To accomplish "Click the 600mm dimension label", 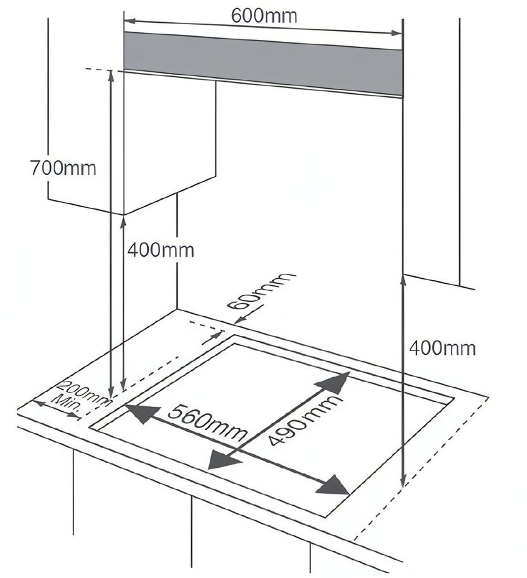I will [263, 15].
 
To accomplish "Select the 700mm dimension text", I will [63, 169].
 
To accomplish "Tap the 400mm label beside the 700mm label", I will [161, 250].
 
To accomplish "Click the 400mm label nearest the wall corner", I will [441, 348].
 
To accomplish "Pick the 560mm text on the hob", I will [206, 423].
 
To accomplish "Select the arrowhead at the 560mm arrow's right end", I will [334, 485].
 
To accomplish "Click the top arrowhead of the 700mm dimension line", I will [111, 74].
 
